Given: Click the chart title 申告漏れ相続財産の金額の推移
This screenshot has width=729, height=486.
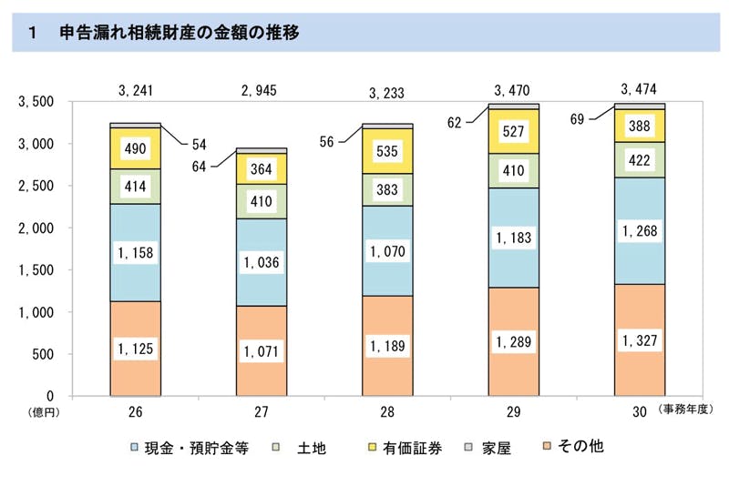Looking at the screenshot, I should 179,34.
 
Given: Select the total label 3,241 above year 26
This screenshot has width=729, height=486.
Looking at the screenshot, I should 136,91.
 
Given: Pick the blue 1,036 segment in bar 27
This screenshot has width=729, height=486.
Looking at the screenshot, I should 262,262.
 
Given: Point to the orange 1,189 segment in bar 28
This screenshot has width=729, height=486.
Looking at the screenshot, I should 387,346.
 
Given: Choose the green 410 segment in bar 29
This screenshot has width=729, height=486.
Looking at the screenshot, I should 513,170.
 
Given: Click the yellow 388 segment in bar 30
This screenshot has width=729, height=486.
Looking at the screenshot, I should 639,126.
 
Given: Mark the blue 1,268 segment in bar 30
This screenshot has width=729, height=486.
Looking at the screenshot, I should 639,230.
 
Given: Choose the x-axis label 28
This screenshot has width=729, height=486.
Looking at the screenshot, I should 387,412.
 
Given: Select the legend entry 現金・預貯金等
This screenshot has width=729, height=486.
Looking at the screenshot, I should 195,448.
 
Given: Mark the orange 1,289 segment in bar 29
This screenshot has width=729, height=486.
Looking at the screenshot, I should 513,342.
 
